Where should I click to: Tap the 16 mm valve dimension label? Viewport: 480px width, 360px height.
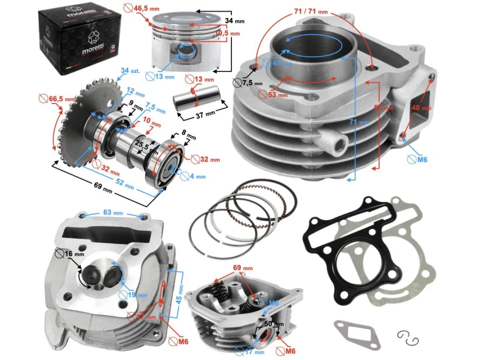tap(75, 254)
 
